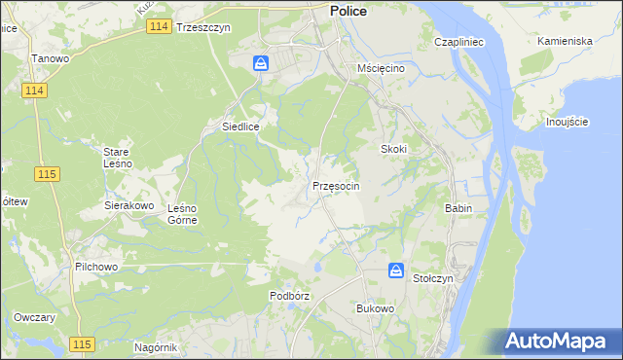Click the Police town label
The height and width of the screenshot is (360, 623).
pos(348,10)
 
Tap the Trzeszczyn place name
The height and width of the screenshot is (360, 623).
pos(203,28)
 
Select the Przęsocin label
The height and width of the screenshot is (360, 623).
pos(337,185)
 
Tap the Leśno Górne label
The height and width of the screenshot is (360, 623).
pos(182,214)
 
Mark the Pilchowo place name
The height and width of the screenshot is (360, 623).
pos(95,265)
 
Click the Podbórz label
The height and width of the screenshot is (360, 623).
pos(289,295)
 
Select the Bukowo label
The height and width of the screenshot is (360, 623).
pos(375,308)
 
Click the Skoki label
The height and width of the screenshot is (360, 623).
pos(392,149)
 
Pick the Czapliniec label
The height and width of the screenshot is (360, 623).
pos(459,43)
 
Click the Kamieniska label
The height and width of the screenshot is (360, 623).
pos(565,42)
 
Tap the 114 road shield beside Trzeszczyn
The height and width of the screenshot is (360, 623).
pos(161,27)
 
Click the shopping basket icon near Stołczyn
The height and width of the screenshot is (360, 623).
pos(396,270)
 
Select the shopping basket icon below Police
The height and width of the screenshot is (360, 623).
pos(261,64)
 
